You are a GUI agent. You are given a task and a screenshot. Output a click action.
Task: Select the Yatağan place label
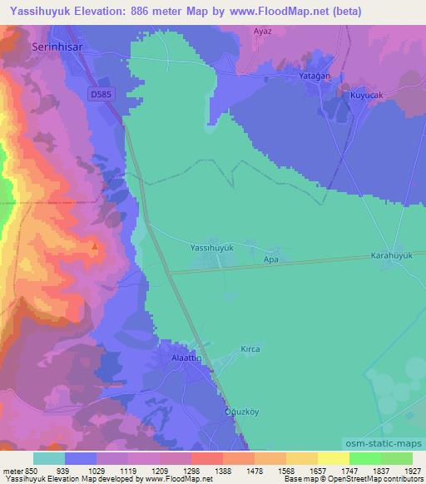pos(315,75)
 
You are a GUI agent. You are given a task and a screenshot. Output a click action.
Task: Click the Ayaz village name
pos(263,31)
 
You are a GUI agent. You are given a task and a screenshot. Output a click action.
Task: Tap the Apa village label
pos(270,259)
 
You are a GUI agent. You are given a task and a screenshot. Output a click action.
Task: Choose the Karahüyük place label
pos(391,255)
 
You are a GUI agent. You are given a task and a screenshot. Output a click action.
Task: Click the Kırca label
pos(250,349)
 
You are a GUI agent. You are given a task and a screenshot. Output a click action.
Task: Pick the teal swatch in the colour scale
pos(49,458)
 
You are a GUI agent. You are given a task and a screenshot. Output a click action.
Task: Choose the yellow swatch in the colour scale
pos(333,458)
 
